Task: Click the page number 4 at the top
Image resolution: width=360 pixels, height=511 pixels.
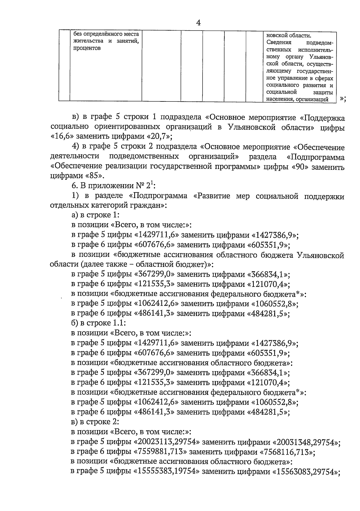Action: [x=198, y=23]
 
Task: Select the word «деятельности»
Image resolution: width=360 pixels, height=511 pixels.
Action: [x=75, y=157]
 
